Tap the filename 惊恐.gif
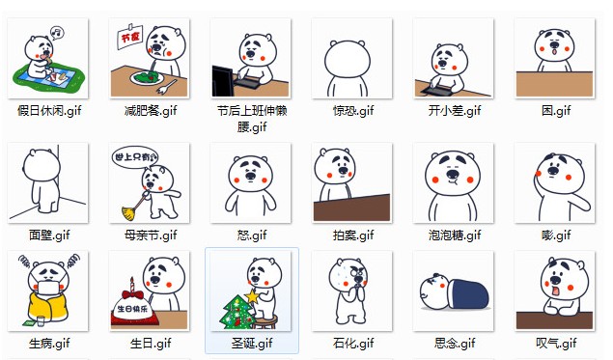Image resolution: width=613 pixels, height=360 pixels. coord(352,111)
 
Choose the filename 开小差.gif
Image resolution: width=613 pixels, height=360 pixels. coord(454,111)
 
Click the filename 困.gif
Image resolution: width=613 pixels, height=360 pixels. coord(554,111)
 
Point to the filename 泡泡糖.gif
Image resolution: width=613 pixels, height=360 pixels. coord(454,235)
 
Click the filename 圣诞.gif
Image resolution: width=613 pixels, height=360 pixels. coord(252,343)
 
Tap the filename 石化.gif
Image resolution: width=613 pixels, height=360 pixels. coord(352,343)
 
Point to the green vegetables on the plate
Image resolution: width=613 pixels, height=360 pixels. coord(148,75)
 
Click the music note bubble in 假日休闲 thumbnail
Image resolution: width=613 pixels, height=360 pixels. coord(57,34)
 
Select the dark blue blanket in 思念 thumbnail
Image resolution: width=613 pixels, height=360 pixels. coord(463,293)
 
